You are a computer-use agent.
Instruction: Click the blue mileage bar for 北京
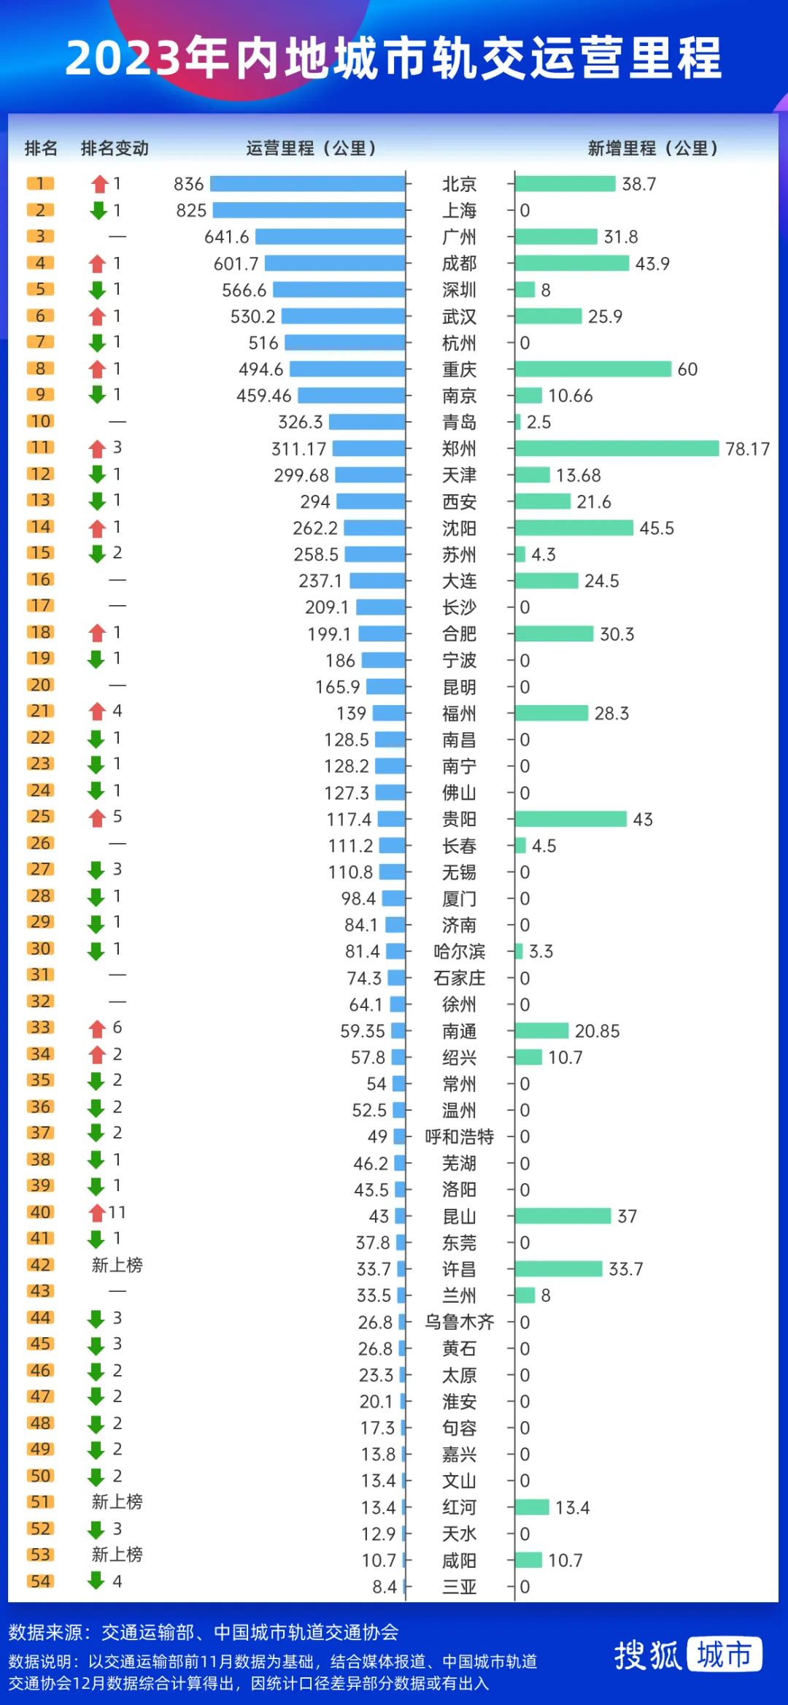pos(307,184)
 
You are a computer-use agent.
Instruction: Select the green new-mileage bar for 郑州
pos(617,448)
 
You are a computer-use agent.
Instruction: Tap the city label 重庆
pos(459,369)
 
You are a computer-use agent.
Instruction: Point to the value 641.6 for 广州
pos(226,237)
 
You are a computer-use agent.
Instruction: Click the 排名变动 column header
pos(115,149)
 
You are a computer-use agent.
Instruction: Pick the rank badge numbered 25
pos(41,817)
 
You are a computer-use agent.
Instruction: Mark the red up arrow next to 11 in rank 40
pos(97,1213)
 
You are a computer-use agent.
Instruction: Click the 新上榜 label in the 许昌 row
pos(117,1265)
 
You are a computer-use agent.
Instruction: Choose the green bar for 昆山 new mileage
pos(563,1216)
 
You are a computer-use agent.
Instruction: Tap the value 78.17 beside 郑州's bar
pos(747,449)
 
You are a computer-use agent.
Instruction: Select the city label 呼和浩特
pos(459,1136)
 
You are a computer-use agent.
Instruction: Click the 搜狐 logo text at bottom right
pos(647,1655)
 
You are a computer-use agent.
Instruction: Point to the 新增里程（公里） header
pos(652,149)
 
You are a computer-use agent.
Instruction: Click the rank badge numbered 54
pos(41,1582)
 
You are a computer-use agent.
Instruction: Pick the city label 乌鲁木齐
pos(459,1322)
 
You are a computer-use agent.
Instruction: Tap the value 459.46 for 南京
pos(263,396)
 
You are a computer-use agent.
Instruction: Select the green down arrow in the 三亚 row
pos(96,1582)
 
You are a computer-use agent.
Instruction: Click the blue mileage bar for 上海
pos(309,210)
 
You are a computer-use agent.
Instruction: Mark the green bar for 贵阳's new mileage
pos(571,819)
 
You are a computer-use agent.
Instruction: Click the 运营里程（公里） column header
pos(311,149)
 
